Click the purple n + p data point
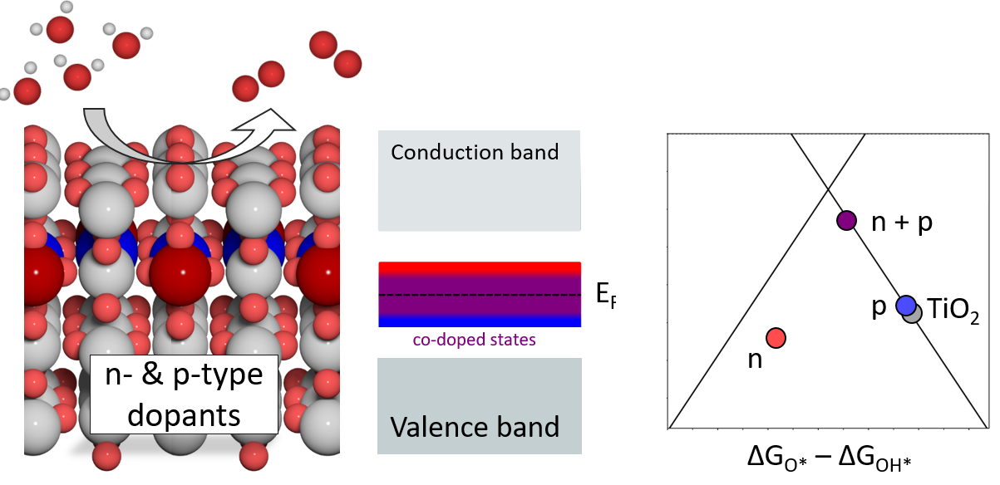click(x=846, y=221)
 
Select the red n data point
click(x=776, y=337)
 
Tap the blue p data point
click(x=905, y=306)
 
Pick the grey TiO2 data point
click(x=913, y=313)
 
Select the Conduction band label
click(x=475, y=152)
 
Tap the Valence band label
click(x=475, y=427)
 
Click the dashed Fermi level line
click(x=479, y=295)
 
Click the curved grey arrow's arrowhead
click(x=274, y=125)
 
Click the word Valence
click(x=436, y=427)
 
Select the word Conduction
click(x=442, y=152)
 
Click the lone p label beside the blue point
click(x=879, y=306)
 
